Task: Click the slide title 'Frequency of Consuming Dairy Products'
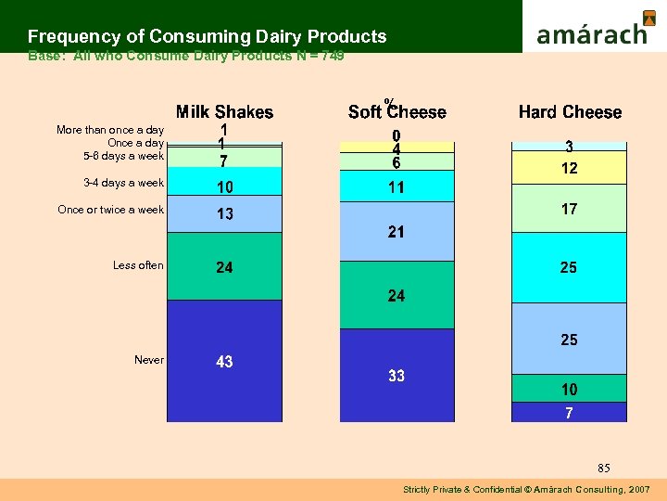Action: [207, 36]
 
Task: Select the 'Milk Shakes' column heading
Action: [225, 112]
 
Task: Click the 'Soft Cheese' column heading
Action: [397, 112]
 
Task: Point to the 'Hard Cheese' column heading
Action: [570, 112]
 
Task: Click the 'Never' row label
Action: [149, 360]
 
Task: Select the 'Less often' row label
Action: [138, 265]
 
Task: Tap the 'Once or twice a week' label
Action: [110, 210]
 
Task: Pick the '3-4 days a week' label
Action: [123, 182]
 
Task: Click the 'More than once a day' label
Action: [110, 131]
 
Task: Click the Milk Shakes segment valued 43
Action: [225, 361]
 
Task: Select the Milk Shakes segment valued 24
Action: [225, 266]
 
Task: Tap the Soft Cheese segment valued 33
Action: [396, 375]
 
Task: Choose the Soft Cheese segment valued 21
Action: [396, 231]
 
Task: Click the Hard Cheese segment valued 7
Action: [569, 412]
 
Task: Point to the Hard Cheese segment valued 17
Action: [569, 210]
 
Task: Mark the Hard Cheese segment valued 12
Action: [569, 169]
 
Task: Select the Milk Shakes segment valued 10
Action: [225, 186]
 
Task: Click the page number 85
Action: [604, 468]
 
